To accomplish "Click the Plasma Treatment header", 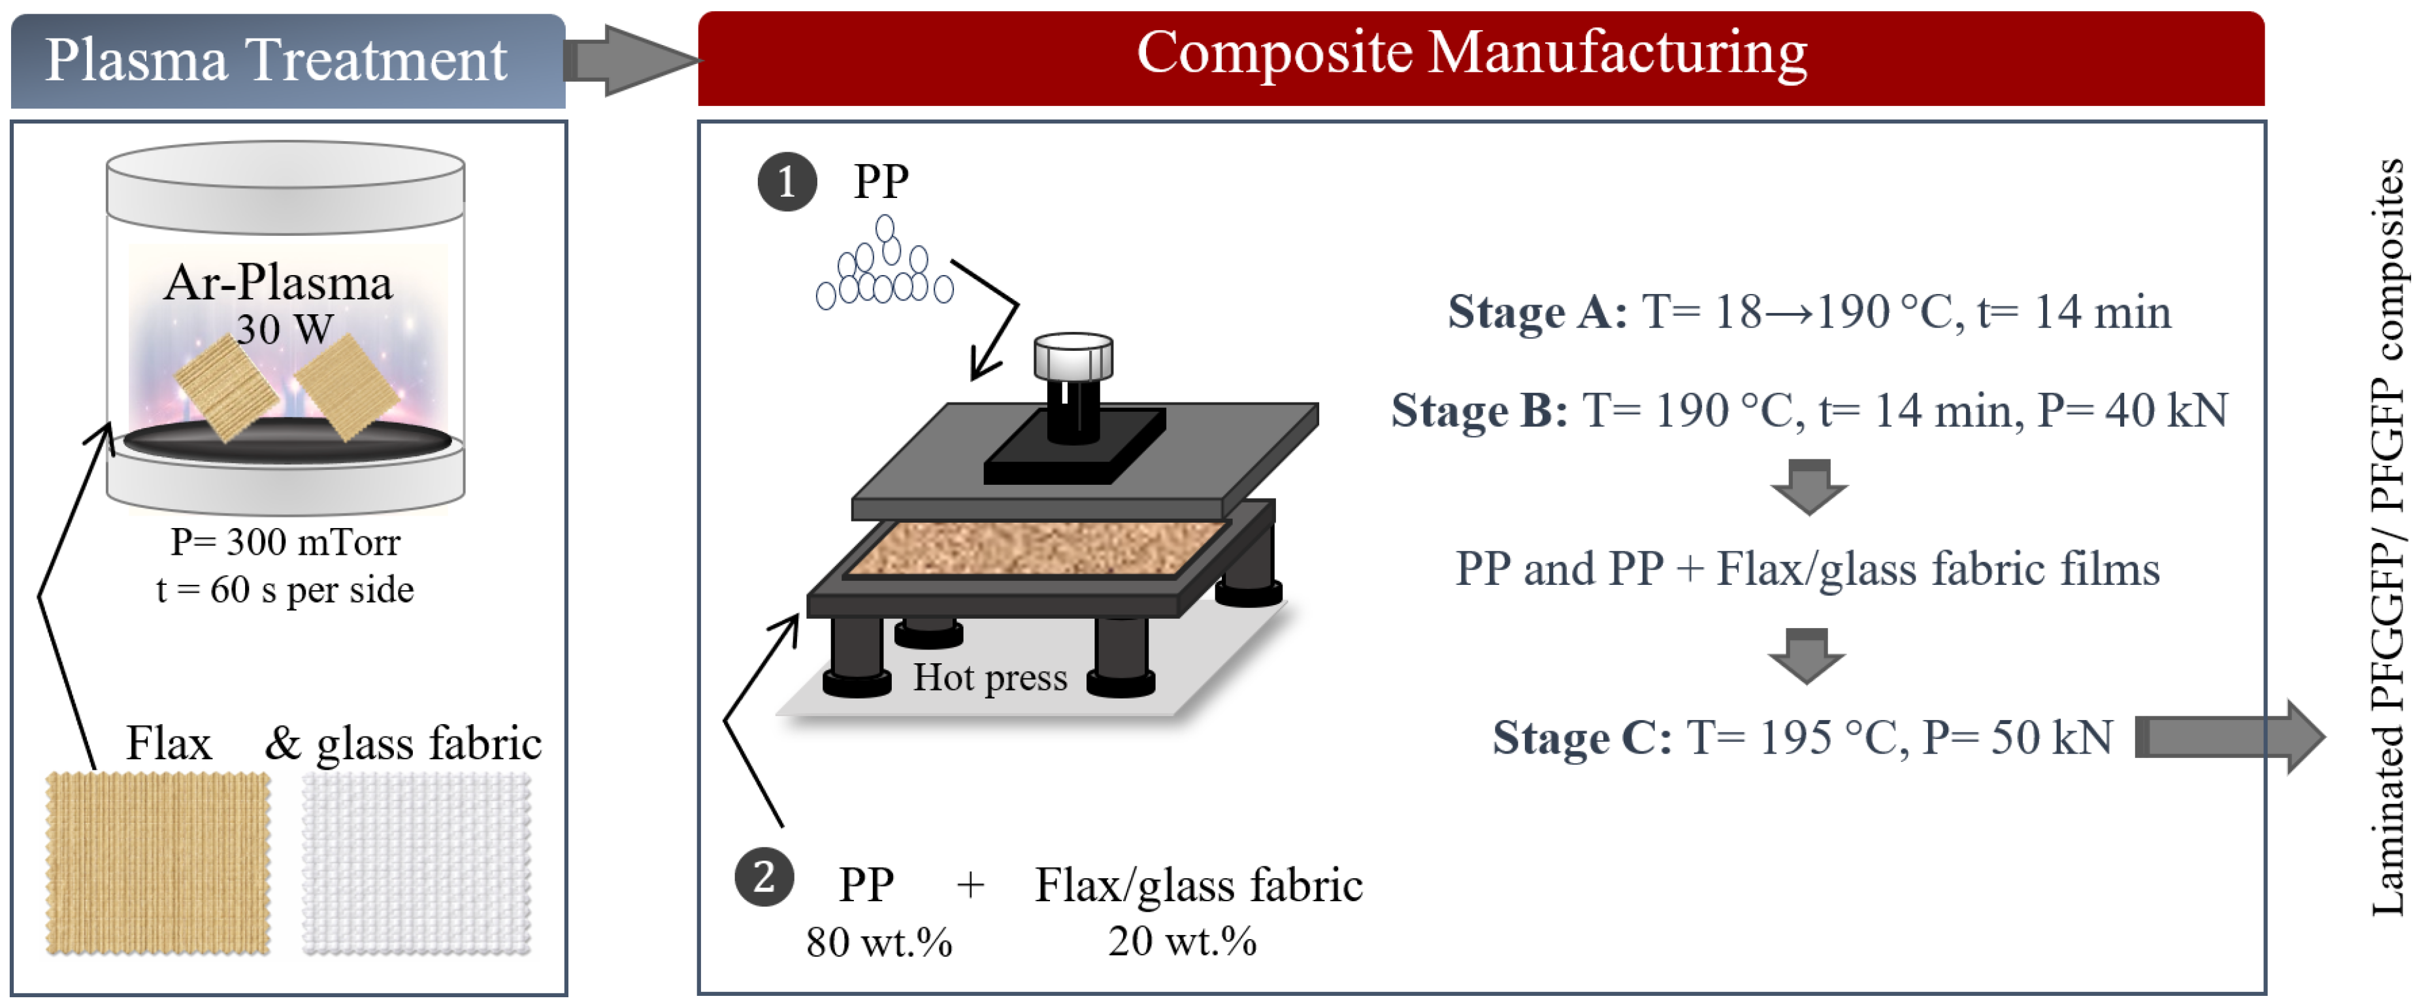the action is (288, 60).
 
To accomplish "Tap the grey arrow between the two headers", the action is (632, 60).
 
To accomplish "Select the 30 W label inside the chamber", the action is (284, 329).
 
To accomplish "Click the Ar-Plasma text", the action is (278, 282).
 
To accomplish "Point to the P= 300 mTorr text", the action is (285, 542).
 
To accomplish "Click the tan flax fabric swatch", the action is (158, 863).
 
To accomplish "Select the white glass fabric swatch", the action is (417, 863).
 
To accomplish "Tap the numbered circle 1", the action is (787, 182).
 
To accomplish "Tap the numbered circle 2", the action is (764, 877).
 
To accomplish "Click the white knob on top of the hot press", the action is (1073, 355).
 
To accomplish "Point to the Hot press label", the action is (990, 678).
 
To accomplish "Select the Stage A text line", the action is (1809, 312).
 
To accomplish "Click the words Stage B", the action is (1479, 410).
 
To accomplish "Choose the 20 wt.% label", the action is (1182, 941).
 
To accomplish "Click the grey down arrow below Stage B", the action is (1809, 487).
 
